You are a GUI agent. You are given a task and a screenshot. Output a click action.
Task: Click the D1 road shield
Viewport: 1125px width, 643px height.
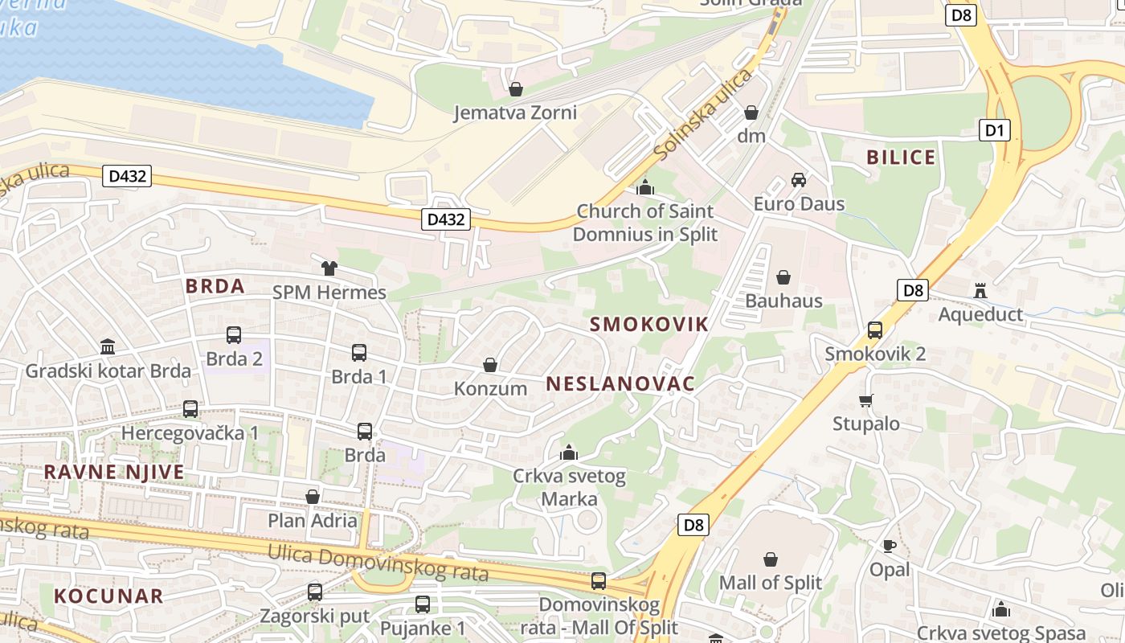click(995, 130)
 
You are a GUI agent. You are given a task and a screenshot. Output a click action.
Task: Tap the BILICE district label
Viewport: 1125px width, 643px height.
click(901, 157)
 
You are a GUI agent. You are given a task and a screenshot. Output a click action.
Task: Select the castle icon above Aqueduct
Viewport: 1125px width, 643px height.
click(980, 290)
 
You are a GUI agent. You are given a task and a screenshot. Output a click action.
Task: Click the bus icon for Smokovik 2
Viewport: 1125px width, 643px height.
click(875, 330)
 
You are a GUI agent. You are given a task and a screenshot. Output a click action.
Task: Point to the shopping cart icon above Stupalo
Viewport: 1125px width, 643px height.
click(865, 400)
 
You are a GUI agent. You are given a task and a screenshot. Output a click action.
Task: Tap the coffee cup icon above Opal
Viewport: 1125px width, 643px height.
click(890, 547)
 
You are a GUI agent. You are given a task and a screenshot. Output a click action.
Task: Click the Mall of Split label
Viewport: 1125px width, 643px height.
click(771, 583)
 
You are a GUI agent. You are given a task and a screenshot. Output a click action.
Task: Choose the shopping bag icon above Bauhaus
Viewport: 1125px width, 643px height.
click(783, 278)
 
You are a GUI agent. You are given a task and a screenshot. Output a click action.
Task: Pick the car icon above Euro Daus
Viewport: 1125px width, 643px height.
click(798, 180)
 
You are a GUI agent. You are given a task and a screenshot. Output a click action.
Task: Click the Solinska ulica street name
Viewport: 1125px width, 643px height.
click(703, 114)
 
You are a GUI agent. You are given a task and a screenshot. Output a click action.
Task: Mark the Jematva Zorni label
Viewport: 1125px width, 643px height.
click(515, 113)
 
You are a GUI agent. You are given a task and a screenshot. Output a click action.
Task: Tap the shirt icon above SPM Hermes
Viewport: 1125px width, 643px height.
click(329, 268)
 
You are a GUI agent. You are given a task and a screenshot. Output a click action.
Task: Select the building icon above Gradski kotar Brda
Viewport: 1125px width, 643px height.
click(108, 347)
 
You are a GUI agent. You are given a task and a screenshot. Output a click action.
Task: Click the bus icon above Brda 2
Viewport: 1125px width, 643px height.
click(234, 335)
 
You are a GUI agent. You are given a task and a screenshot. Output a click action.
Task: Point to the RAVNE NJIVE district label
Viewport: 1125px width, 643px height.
click(114, 472)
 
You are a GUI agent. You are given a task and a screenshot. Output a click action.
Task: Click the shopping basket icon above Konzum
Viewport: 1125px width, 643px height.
click(490, 366)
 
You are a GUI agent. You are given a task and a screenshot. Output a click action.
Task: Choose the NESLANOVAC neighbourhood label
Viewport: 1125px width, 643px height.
click(620, 384)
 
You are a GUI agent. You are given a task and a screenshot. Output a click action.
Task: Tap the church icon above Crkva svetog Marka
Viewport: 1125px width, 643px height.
click(569, 453)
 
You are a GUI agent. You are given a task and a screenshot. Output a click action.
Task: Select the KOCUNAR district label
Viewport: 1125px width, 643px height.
click(108, 596)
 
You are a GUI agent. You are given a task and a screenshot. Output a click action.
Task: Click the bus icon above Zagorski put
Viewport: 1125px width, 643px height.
click(315, 592)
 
